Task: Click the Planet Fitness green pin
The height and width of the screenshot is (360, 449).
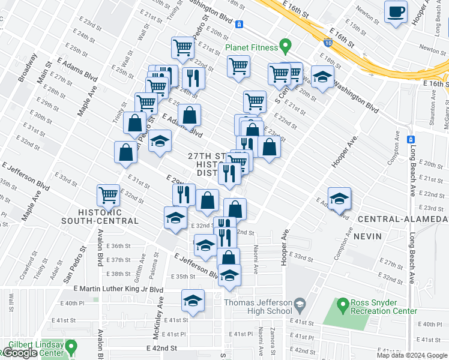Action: [286, 46]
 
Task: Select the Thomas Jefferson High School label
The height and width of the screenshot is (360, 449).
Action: [258, 307]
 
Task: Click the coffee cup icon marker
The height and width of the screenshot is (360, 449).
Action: [396, 13]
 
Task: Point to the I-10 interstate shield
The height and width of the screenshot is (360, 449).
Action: [327, 43]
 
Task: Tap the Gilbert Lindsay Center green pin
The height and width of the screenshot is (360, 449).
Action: [71, 346]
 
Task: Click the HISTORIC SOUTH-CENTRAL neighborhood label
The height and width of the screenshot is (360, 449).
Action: [99, 217]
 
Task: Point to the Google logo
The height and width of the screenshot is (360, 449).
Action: [20, 353]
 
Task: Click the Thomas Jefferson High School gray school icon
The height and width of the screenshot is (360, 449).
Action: [298, 307]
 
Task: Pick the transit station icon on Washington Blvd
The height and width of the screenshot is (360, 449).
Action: [239, 25]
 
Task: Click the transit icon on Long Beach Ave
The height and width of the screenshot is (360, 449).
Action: [411, 139]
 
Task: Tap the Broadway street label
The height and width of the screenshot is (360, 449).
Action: [28, 68]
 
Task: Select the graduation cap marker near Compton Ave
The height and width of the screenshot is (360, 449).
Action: [339, 199]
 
